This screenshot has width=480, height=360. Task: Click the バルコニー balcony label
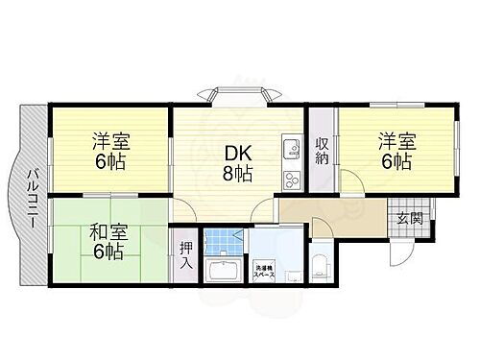click(32, 195)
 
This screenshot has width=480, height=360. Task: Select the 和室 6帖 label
click(108, 241)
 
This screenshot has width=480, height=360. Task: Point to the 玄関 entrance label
click(409, 218)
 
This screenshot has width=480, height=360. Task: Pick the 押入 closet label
click(185, 253)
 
